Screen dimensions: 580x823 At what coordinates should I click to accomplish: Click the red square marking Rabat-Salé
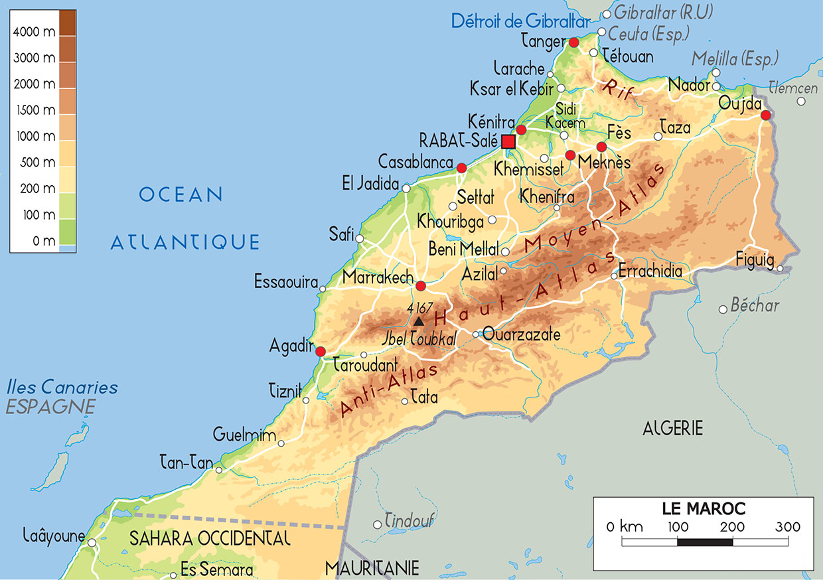pos(508,141)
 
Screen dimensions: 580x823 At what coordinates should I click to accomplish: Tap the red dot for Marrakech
pos(420,286)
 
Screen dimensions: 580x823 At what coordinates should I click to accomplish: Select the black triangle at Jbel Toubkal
pos(418,322)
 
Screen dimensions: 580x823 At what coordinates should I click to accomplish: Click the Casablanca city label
pos(415,162)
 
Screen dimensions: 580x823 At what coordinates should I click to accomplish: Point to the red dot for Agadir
pos(321,352)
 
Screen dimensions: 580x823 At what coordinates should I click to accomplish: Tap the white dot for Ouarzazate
pos(476,334)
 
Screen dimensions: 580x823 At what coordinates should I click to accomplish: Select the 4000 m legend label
pos(35,31)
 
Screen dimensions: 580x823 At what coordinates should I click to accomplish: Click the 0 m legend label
pos(44,241)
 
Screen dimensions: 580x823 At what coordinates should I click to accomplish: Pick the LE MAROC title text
pos(704,509)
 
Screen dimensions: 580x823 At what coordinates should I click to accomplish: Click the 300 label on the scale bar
pos(787,528)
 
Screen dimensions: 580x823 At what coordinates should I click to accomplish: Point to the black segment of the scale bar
pos(704,542)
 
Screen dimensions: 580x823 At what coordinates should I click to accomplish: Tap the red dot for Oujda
pos(765,115)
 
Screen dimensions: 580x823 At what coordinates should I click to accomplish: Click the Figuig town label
pos(755,261)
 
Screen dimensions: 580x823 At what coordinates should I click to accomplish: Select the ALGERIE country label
pos(672,428)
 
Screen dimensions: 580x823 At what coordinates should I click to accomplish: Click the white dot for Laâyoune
pos(92,543)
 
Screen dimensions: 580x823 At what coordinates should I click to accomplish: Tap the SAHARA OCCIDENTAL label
pos(210,538)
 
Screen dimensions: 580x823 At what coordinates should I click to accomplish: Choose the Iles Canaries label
pos(62,387)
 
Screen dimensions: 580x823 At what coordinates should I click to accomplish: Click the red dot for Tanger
pos(574,42)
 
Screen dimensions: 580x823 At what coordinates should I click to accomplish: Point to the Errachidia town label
pos(650,271)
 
